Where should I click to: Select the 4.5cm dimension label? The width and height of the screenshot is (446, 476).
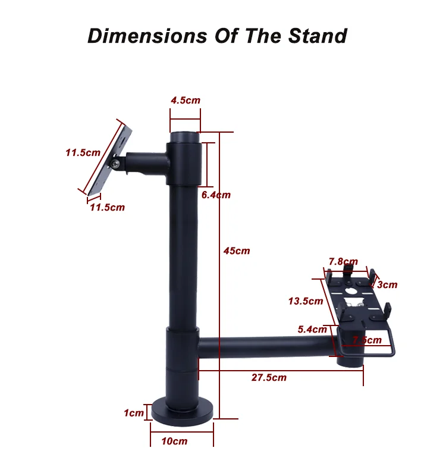point(185,100)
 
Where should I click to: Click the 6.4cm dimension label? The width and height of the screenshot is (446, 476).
point(215,195)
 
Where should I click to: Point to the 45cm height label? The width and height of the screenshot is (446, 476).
point(236,250)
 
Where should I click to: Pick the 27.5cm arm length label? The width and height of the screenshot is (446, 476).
point(268,377)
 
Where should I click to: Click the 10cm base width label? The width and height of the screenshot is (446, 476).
point(175,441)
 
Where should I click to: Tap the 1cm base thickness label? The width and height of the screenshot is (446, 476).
point(134,413)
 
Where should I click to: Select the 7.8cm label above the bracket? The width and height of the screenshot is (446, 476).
point(343,261)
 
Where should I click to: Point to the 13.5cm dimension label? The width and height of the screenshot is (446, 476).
point(305,301)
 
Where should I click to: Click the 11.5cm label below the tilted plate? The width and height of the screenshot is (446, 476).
point(107,207)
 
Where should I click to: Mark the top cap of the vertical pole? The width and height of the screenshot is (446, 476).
point(185,138)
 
